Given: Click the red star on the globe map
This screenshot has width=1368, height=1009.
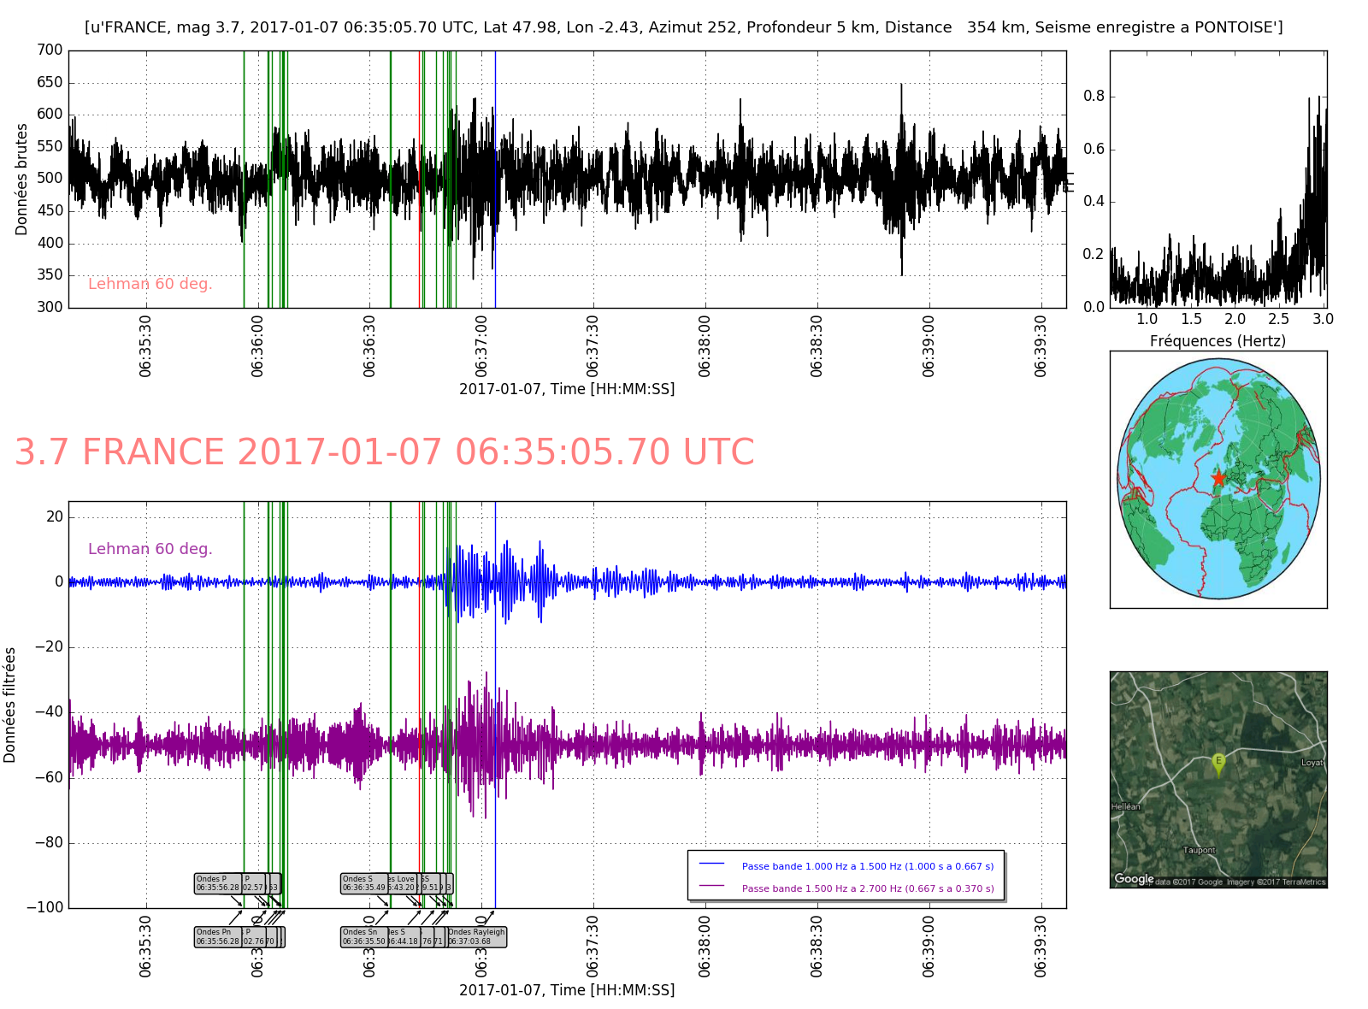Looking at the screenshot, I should point(1218,479).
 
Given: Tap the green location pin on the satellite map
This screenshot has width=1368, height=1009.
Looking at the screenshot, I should point(1218,763).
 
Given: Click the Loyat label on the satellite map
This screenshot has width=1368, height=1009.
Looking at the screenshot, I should point(1312,763).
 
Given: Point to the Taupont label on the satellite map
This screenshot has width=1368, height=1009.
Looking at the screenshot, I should point(1199,850).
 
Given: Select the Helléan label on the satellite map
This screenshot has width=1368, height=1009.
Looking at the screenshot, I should point(1125,806).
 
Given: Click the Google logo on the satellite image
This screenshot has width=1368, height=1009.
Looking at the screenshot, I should point(1134,879).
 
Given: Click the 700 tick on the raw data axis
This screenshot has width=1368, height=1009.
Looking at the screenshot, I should point(50,50).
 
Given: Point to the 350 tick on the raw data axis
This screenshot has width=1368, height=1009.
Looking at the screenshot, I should point(50,275).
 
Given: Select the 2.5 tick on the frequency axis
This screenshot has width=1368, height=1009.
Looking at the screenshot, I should point(1278,320).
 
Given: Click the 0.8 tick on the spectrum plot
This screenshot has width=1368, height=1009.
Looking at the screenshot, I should point(1094,97).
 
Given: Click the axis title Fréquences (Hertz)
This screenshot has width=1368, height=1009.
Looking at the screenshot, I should point(1218,341).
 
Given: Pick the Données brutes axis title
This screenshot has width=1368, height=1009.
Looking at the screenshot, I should point(22,180).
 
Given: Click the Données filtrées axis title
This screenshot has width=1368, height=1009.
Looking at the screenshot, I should point(10,705).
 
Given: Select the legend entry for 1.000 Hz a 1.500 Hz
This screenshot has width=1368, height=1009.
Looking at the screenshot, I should point(867,866).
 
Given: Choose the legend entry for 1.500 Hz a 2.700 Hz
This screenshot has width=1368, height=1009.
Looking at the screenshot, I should point(867,888).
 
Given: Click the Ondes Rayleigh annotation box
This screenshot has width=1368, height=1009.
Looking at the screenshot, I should point(476,937).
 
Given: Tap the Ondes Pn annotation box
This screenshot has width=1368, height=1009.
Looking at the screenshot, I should point(217,937).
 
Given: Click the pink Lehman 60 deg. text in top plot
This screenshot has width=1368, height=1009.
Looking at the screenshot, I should point(150,284).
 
